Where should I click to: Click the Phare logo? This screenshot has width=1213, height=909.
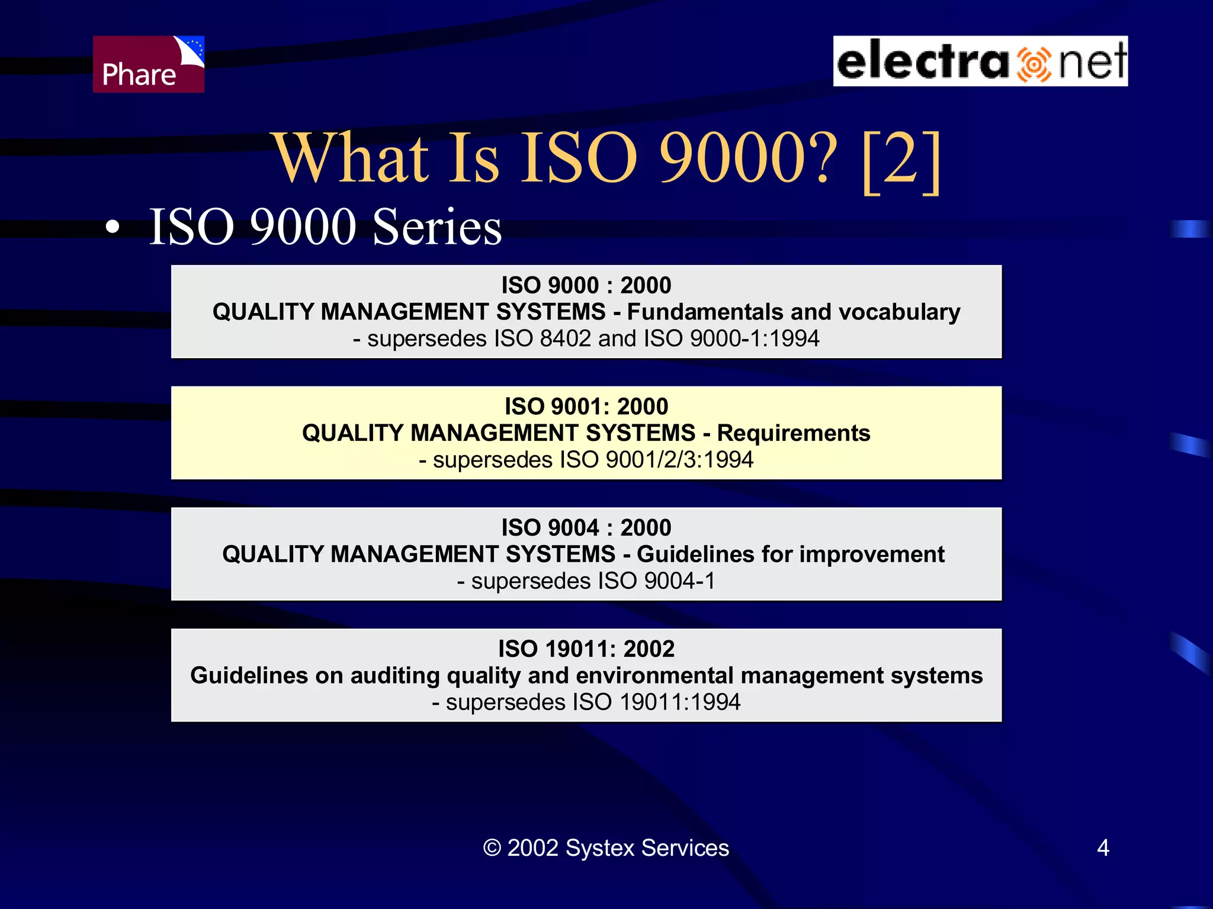click(x=148, y=64)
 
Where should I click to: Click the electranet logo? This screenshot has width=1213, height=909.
click(x=980, y=61)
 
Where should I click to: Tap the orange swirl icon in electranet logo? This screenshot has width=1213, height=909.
click(x=1034, y=64)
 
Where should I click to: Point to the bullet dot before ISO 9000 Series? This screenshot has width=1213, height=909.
click(x=112, y=228)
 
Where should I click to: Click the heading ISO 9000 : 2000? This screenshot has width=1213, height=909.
click(x=586, y=285)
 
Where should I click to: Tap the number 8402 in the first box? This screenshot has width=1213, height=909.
click(x=565, y=339)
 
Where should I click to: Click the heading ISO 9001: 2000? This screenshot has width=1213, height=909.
click(x=586, y=407)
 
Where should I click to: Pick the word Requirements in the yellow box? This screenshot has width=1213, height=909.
click(x=793, y=433)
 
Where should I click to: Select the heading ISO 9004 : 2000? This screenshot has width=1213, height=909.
click(x=586, y=527)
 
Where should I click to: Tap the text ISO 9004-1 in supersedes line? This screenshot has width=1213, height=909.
click(x=656, y=581)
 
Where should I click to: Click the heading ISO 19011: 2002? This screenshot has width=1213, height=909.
click(x=586, y=649)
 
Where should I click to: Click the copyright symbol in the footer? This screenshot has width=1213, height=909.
click(x=492, y=848)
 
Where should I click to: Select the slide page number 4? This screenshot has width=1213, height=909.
click(x=1102, y=848)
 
